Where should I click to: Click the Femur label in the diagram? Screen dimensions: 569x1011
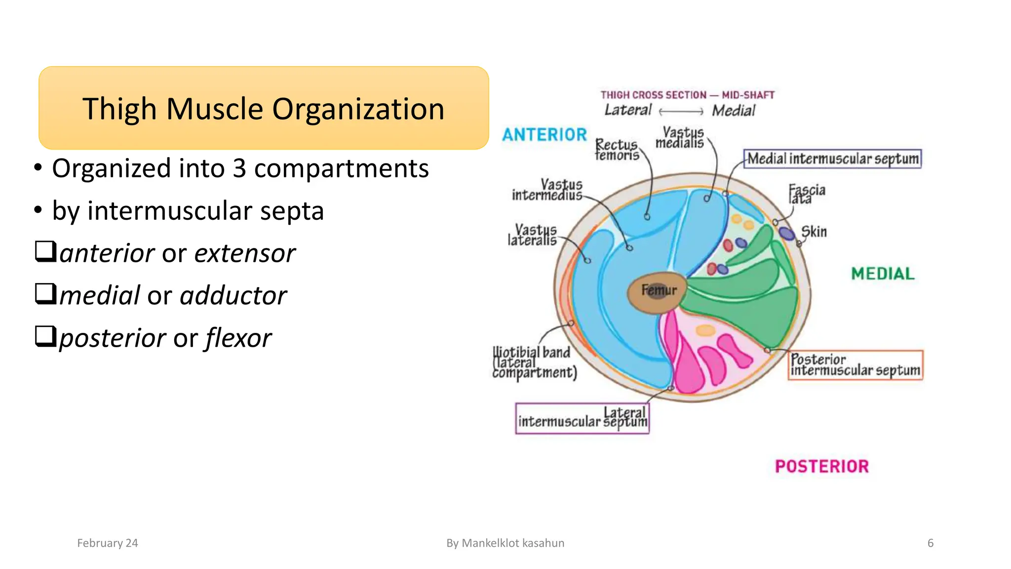pyautogui.click(x=659, y=290)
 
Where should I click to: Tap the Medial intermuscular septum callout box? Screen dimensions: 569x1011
pyautogui.click(x=832, y=159)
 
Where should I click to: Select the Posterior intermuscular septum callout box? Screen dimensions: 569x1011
pyautogui.click(x=855, y=365)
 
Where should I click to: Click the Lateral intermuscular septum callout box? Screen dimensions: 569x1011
pyautogui.click(x=582, y=418)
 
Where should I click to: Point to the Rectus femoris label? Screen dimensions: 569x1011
pyautogui.click(x=617, y=150)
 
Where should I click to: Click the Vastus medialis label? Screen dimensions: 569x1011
pyautogui.click(x=680, y=137)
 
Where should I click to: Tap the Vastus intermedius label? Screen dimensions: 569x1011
pyautogui.click(x=547, y=190)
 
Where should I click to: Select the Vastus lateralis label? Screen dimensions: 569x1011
pyautogui.click(x=532, y=235)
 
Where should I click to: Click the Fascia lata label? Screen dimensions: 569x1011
pyautogui.click(x=806, y=194)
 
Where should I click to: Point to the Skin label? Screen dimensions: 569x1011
pyautogui.click(x=814, y=232)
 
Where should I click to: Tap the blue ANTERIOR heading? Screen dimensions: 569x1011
pyautogui.click(x=544, y=135)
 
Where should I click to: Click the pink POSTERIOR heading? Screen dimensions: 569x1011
pyautogui.click(x=821, y=466)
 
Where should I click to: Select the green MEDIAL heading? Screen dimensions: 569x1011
pyautogui.click(x=883, y=274)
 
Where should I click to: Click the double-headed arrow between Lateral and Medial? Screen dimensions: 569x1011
pyautogui.click(x=681, y=112)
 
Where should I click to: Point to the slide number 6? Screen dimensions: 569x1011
pyautogui.click(x=930, y=543)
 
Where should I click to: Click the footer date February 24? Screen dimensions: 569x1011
pyautogui.click(x=108, y=543)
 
